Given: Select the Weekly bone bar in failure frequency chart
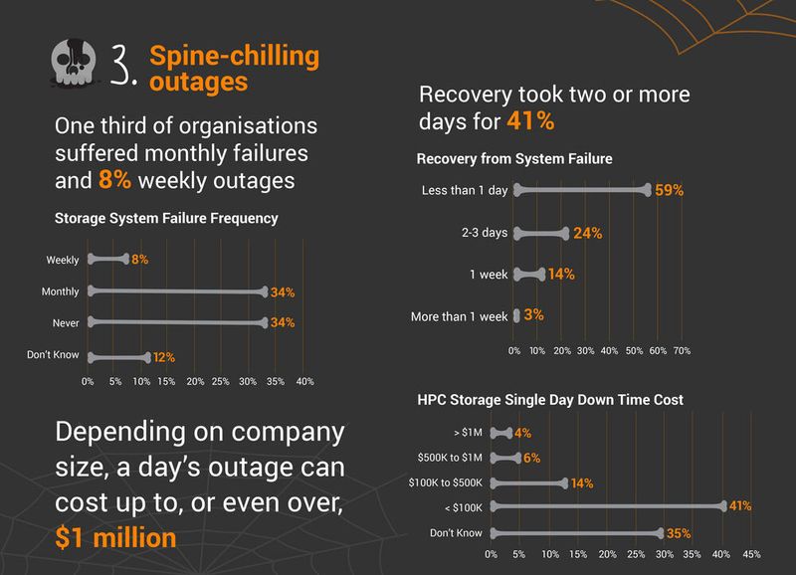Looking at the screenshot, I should pos(107,259).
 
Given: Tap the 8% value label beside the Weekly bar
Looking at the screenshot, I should pos(139,260).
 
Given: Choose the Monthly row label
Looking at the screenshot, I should pos(60,291).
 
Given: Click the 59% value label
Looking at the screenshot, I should pos(670,190).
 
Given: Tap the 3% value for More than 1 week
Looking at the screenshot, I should pos(533,315).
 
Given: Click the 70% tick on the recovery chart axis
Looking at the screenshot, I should pos(682,351).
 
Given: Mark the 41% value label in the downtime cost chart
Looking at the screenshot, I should pos(739,507).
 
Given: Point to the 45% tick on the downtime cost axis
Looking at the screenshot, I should pos(751,555).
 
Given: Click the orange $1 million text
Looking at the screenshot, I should pos(117,537).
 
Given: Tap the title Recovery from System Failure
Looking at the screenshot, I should pos(514,158).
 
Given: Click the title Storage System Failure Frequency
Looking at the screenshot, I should pos(166,218).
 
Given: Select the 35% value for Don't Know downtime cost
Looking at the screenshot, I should pos(678,533).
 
